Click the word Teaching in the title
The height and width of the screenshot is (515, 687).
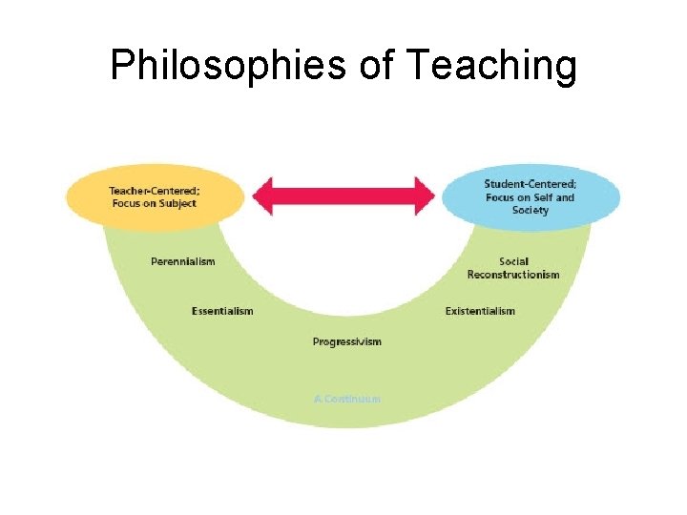[491, 67]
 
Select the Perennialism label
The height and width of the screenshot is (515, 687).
[183, 261]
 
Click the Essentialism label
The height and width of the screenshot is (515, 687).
[222, 311]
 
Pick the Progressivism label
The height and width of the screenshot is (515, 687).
[346, 341]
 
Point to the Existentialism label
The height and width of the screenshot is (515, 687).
[480, 311]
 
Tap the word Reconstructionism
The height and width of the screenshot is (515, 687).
[513, 275]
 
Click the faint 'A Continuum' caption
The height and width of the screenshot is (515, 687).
[346, 399]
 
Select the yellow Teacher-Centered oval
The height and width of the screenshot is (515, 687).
[153, 197]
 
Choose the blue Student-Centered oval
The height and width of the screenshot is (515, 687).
[531, 197]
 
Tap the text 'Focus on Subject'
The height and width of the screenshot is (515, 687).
[153, 203]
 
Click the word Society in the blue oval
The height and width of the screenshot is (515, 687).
[531, 210]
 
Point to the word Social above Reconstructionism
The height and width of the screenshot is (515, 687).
[513, 261]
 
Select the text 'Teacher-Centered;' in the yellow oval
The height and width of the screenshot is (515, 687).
[153, 191]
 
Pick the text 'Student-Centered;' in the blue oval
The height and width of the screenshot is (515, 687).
[530, 184]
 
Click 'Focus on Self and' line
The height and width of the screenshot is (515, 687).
[531, 197]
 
